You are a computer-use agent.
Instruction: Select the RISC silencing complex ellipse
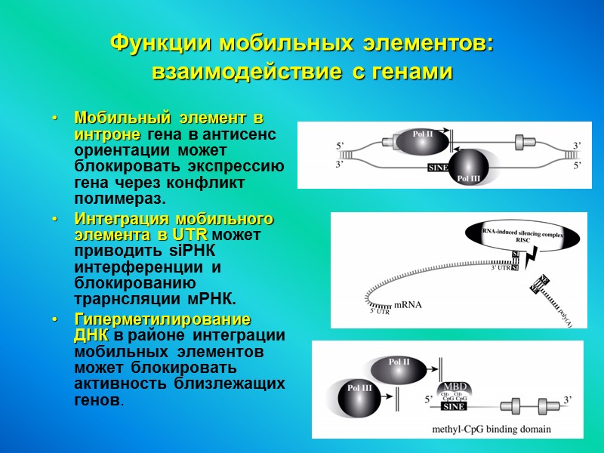click(522, 236)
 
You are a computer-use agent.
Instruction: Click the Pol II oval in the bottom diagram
click(399, 367)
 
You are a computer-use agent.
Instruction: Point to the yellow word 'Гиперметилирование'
click(162, 320)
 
